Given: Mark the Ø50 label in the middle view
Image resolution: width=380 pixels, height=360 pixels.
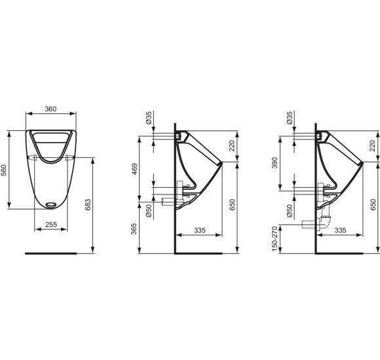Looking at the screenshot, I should pyautogui.click(x=149, y=211).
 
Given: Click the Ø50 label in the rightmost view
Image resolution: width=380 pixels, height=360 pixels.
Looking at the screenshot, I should pyautogui.click(x=288, y=211).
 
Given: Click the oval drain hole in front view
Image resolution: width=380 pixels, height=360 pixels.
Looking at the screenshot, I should pyautogui.click(x=50, y=205).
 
